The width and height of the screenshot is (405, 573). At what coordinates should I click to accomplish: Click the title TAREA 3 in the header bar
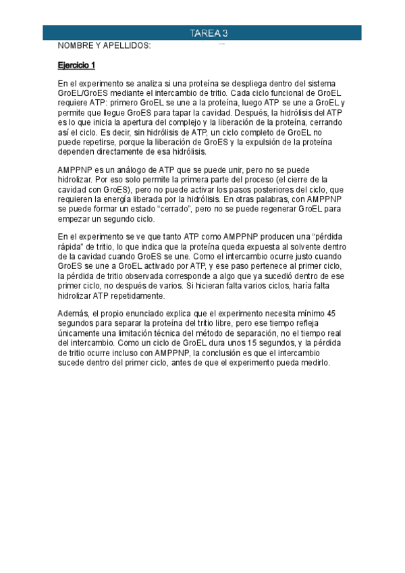click(208, 33)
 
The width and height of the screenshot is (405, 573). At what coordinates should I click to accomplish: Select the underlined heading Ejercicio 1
click(77, 66)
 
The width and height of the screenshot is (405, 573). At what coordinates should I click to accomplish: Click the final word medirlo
click(313, 362)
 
